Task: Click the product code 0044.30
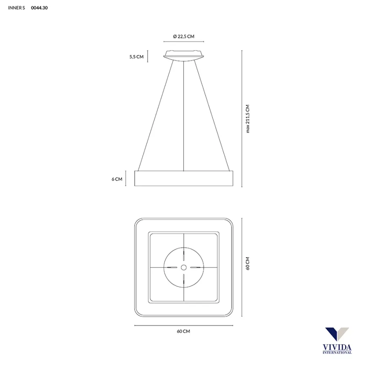click(x=39, y=8)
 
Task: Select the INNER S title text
click(x=16, y=8)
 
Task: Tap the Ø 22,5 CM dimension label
click(x=184, y=36)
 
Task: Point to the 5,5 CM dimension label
click(x=137, y=57)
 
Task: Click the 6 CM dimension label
click(x=117, y=179)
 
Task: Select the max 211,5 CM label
click(x=248, y=119)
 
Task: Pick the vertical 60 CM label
click(x=248, y=263)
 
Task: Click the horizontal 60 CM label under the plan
click(x=183, y=331)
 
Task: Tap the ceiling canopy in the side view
click(x=184, y=55)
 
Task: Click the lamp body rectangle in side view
click(x=184, y=178)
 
